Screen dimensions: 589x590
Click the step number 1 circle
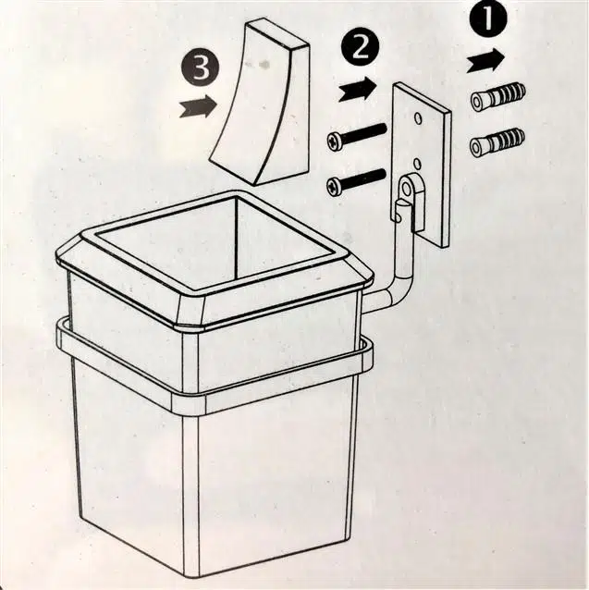(x=488, y=18)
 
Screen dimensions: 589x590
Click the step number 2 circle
(x=360, y=48)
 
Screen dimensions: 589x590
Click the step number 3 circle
(x=201, y=68)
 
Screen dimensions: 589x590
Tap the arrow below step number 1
(x=485, y=60)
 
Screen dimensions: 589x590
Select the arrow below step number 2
(x=357, y=90)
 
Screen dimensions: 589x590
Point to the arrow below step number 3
(x=198, y=105)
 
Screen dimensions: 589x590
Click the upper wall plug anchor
(x=497, y=97)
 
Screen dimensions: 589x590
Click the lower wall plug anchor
(x=497, y=141)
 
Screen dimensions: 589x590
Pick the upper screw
(x=357, y=137)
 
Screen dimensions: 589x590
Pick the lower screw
(x=356, y=182)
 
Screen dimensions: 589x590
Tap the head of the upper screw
(x=335, y=143)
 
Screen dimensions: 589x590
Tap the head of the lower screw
(x=334, y=187)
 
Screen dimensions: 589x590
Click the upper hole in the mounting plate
(x=417, y=118)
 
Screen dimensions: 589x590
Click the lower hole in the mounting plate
(x=416, y=164)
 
